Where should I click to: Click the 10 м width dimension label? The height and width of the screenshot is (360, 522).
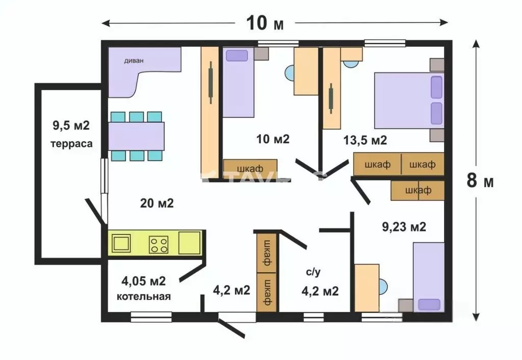[265, 23]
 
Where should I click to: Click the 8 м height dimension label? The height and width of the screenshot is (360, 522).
[480, 181]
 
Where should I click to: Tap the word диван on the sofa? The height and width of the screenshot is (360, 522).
[134, 61]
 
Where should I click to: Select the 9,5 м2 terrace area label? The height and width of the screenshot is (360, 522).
[71, 125]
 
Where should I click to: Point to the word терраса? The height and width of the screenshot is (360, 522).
[71, 144]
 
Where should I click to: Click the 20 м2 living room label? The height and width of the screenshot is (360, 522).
[157, 203]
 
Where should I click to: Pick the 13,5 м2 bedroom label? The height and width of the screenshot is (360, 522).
[365, 140]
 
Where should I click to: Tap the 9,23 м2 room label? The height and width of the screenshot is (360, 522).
[404, 227]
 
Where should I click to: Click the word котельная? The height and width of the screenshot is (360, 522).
[143, 296]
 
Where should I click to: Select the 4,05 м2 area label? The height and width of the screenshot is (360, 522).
[143, 281]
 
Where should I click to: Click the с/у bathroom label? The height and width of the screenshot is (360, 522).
[314, 272]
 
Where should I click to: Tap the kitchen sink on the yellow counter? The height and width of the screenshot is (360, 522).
[121, 243]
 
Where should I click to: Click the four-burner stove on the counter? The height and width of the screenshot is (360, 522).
[159, 244]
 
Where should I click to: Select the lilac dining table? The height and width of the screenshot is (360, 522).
[136, 136]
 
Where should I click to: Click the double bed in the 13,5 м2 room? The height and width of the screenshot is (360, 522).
[409, 100]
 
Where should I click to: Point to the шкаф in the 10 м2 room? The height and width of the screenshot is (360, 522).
[250, 169]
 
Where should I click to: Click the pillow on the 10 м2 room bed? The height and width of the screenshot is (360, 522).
[237, 56]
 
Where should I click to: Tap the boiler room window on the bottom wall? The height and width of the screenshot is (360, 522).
[151, 317]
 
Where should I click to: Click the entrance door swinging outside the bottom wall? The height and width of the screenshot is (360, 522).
[232, 328]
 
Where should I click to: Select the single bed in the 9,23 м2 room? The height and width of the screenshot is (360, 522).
[429, 277]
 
